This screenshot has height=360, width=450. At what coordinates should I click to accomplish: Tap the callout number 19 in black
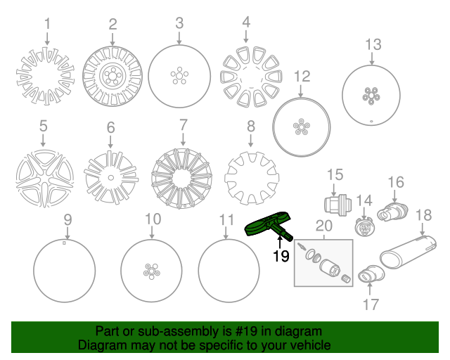click(x=281, y=256)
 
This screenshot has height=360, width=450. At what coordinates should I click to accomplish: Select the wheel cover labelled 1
click(x=45, y=76)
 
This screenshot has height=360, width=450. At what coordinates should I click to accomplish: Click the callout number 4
click(x=246, y=22)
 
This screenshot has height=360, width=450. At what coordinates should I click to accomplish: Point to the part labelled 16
click(x=392, y=212)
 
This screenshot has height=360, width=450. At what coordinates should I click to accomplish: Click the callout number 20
click(x=324, y=226)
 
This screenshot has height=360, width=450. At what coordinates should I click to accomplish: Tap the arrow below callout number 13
click(x=372, y=58)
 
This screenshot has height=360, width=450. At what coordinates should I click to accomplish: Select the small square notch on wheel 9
click(x=64, y=243)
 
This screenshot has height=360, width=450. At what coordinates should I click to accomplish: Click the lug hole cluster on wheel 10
click(x=152, y=271)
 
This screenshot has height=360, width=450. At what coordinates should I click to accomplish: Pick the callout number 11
click(x=227, y=219)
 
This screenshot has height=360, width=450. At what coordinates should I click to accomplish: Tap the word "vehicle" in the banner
click(x=314, y=345)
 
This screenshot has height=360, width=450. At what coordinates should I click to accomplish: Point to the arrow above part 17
click(x=370, y=289)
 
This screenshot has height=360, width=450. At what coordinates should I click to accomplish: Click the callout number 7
click(x=184, y=125)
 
